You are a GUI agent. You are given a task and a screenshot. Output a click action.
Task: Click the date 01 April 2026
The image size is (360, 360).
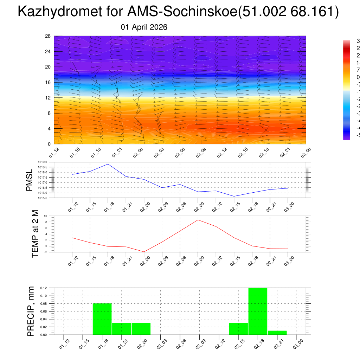coord(144,27)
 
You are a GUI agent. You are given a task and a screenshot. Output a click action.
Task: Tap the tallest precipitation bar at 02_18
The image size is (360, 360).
coord(258,311)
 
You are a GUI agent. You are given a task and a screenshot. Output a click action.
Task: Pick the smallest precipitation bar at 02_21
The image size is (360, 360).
coord(277,333)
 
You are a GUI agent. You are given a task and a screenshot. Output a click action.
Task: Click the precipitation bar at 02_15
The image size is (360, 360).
coord(238,329)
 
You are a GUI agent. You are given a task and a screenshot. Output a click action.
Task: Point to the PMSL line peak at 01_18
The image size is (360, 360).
coord(108,164)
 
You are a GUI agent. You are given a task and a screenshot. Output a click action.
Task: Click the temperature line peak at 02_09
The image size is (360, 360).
coord(198,220)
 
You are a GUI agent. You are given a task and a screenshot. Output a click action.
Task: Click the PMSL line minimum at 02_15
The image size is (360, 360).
coord(234,196)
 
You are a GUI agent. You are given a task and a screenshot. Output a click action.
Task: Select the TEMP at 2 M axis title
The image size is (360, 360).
coord(35,234)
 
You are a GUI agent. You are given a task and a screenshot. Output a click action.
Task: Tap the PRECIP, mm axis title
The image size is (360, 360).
coord(31,311)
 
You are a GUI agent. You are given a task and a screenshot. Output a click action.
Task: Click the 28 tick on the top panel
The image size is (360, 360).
coord(48,36)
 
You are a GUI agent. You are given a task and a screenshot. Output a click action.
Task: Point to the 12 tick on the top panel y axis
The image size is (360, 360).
coord(48,98)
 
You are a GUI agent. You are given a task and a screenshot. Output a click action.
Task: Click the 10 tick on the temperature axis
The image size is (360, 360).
coord(46,216)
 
